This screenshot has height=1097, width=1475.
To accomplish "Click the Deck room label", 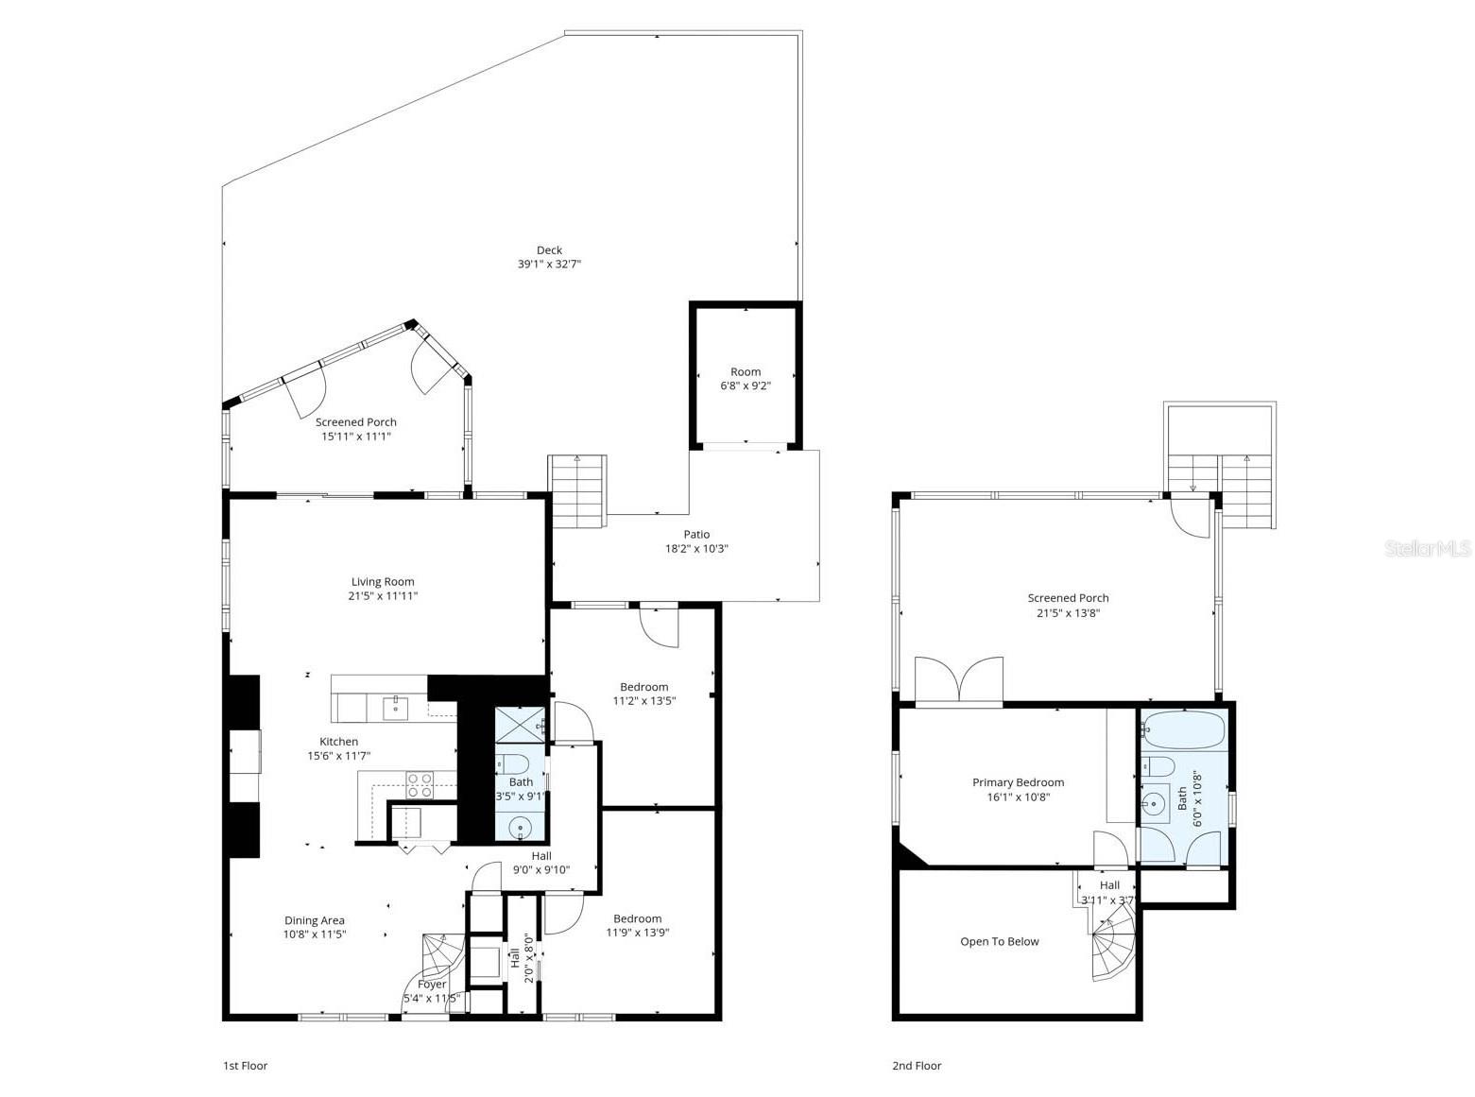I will coord(549,250).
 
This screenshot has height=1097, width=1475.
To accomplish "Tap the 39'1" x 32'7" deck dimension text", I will coord(549,265).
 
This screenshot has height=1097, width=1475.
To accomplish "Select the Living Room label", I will coord(383,582).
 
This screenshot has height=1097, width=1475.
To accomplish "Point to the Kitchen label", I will coord(338,742).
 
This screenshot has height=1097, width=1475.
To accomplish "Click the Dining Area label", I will coord(315,920).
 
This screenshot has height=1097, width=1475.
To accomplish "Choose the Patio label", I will coord(696,535).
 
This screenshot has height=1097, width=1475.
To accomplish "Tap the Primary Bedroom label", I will coord(1018,782).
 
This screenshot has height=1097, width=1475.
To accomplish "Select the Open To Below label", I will coord(999,941).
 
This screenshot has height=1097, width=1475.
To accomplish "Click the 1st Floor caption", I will coord(245,1066).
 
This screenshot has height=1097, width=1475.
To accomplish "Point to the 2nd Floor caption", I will coord(917,1066).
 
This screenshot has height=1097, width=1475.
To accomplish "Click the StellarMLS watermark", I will coord(1428,549).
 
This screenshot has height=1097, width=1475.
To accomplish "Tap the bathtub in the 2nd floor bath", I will coord(1183,730).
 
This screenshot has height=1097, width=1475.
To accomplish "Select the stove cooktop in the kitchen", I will coord(420,785).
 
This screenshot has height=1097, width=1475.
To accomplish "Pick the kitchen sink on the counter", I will coord(395,706).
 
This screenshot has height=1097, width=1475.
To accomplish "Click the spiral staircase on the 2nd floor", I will coord(1113,950).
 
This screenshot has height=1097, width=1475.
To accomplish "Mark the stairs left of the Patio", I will coord(577,491).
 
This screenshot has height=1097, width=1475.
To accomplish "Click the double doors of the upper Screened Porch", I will coord(959,679).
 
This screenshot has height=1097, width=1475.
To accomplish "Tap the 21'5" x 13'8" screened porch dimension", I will coord(1068,612).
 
